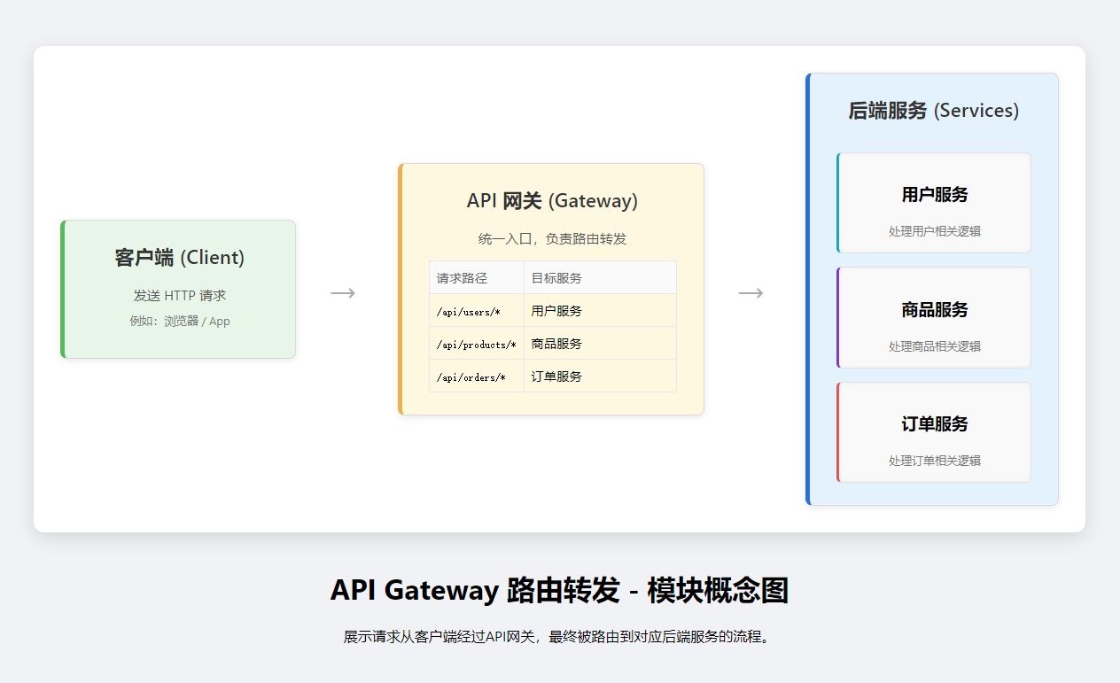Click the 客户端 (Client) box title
179,258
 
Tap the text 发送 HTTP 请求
180,296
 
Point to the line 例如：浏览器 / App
180,321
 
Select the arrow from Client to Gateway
343,293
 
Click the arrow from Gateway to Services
751,293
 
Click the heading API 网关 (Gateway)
552,201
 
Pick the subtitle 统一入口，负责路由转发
552,239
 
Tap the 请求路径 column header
462,278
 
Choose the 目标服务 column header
556,278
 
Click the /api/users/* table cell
469,312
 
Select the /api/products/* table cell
476,345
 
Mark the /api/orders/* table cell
471,377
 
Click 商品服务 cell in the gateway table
556,344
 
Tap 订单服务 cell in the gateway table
556,376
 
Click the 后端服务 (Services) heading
933,111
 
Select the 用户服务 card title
935,195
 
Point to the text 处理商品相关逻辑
935,346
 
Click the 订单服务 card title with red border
935,424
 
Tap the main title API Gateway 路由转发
559,590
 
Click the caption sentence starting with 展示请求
559,636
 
